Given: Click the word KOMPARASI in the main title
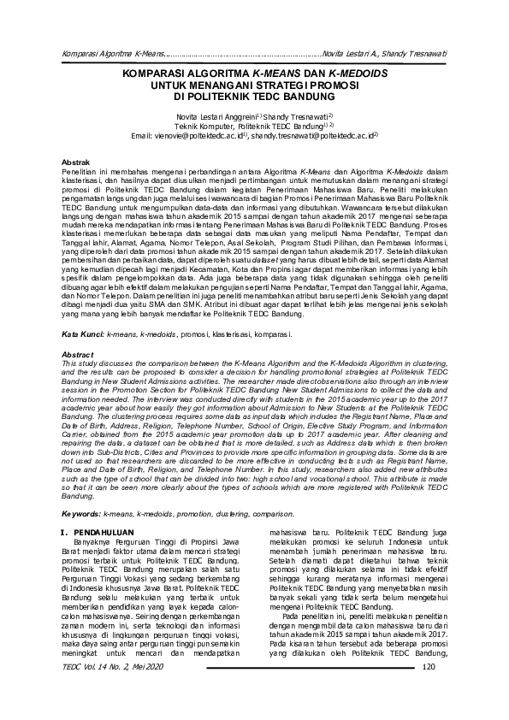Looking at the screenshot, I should pyautogui.click(x=155, y=74).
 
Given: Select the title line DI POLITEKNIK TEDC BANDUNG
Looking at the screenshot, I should pyautogui.click(x=254, y=98).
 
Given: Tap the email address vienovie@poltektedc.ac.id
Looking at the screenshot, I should pyautogui.click(x=198, y=135).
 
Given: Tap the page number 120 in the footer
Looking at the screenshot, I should pyautogui.click(x=429, y=692).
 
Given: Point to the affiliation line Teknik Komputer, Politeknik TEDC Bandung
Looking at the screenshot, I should pyautogui.click(x=254, y=126).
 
